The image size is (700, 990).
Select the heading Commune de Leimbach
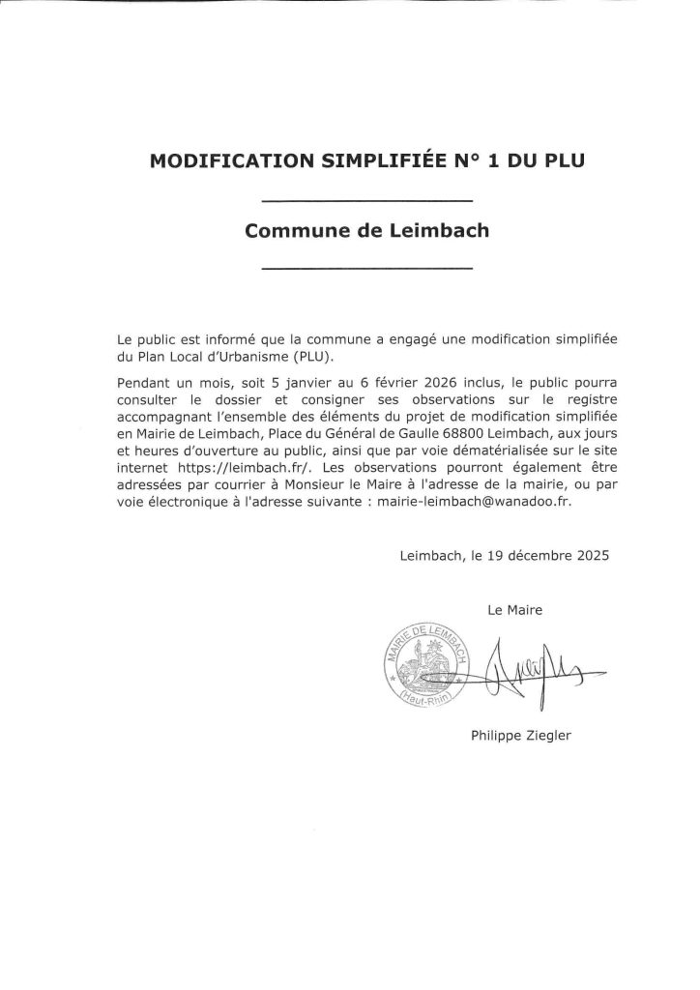[x=367, y=232]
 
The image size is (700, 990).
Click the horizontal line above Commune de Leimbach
[x=367, y=201]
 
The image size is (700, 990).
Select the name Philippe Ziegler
[x=521, y=736]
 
